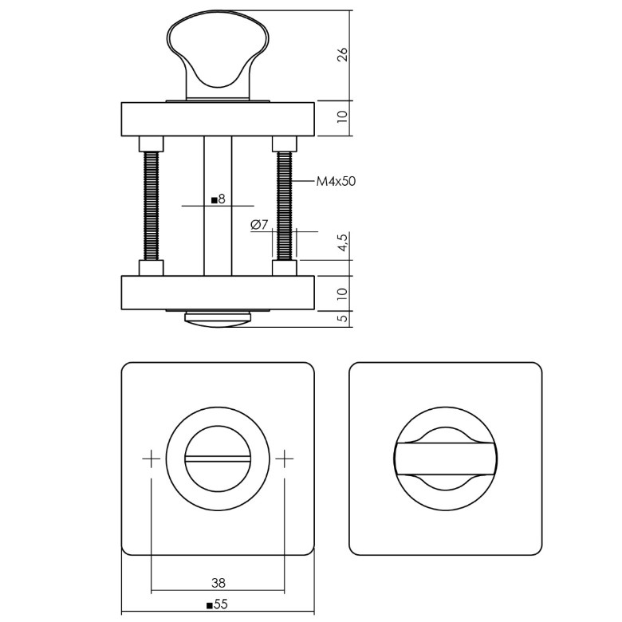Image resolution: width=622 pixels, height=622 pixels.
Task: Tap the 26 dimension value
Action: coord(342,55)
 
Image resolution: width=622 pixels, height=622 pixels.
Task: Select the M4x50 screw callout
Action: coord(335,182)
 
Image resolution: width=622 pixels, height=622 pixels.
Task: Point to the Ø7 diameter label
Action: coord(259,225)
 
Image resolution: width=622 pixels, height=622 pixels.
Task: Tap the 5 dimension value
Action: coord(342,318)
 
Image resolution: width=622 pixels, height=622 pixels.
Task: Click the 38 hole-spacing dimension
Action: coord(217,583)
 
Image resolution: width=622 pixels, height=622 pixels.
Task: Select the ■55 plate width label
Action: coord(217,605)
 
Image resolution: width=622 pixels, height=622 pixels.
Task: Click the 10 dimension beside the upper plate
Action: coord(342,118)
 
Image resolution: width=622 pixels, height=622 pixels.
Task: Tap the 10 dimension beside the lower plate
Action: coord(342,293)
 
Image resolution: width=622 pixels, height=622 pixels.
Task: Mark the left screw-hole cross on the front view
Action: coord(151,459)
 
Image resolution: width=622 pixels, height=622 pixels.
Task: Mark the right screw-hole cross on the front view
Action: coord(284,459)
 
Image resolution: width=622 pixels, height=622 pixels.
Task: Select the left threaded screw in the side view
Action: coord(151,206)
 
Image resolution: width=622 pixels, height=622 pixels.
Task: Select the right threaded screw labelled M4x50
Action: coord(284,206)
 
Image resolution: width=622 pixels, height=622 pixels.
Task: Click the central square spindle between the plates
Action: coord(217,239)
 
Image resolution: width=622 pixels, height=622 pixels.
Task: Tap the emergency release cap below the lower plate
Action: coord(217,319)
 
